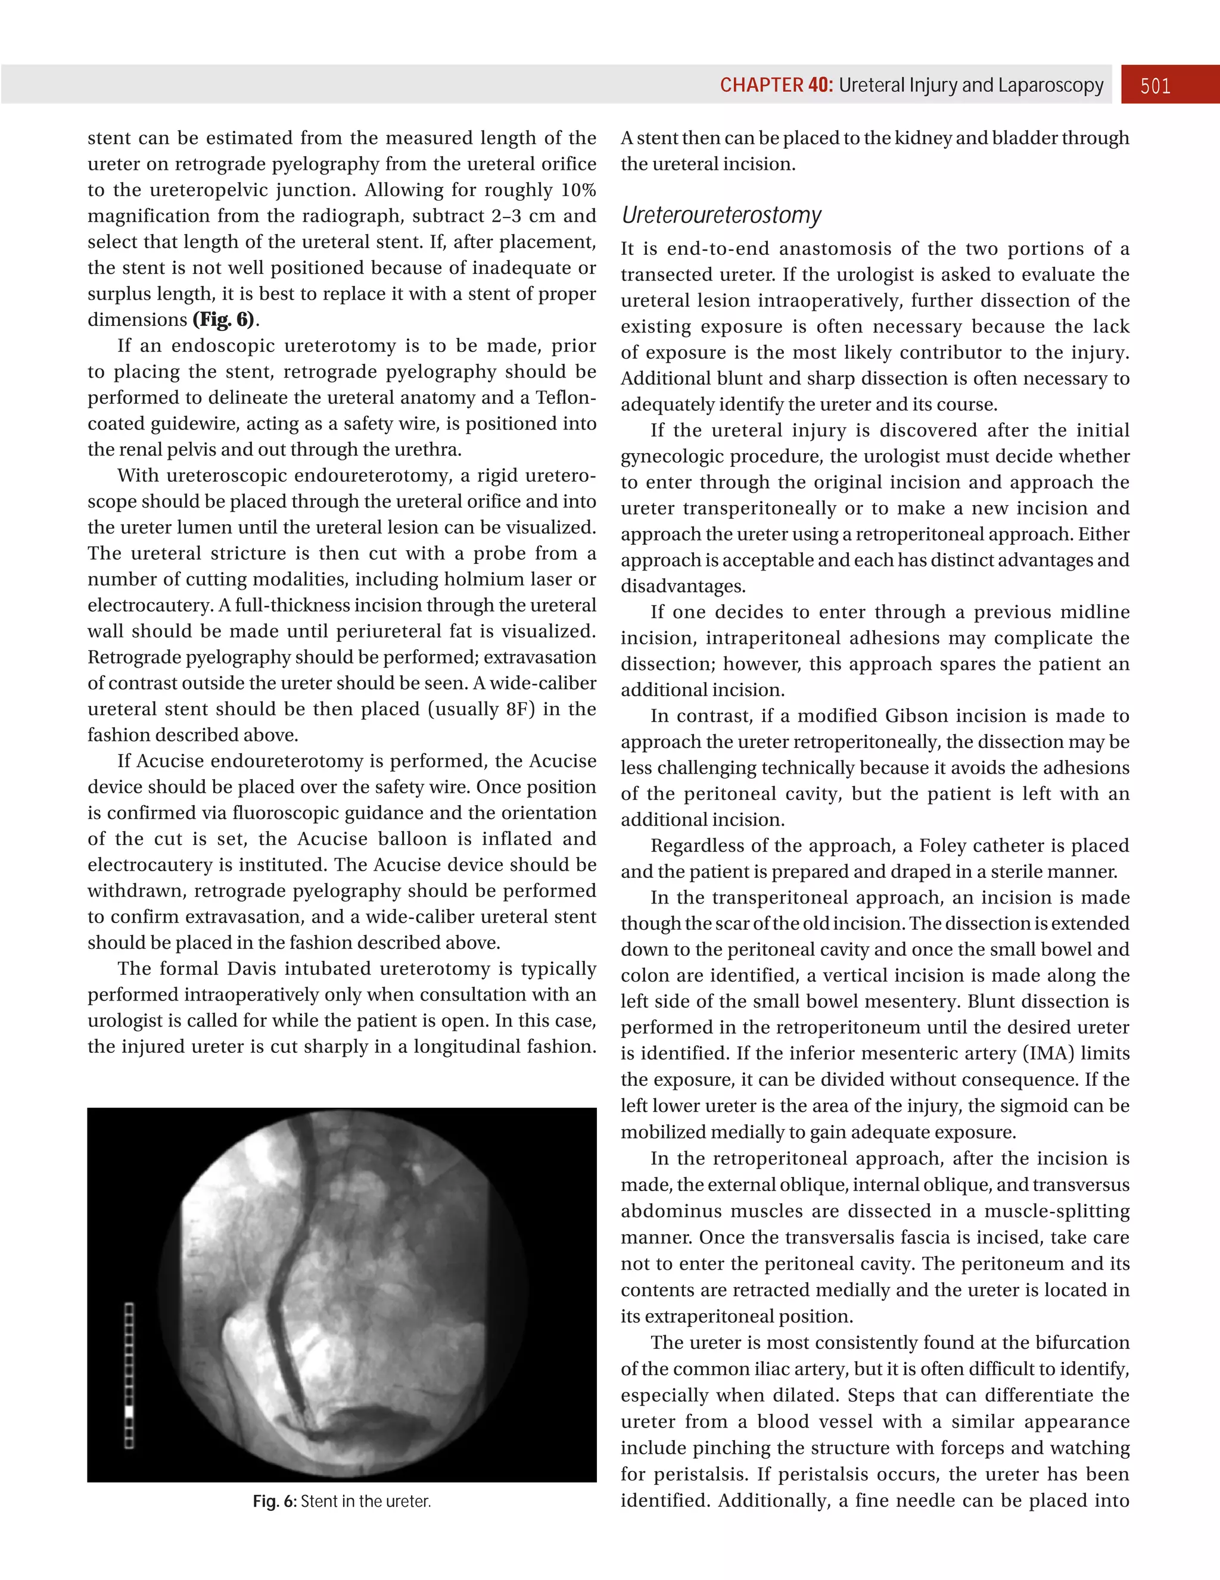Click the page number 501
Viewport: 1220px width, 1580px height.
pos(1155,86)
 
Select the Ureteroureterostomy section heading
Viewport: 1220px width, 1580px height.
pos(721,215)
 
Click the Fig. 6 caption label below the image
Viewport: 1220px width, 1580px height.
pos(274,1501)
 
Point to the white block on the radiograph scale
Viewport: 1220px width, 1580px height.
pos(129,1411)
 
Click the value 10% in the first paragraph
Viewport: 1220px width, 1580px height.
pos(578,189)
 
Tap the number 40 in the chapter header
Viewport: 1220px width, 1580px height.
pos(820,85)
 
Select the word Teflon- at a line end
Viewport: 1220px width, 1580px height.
pos(566,397)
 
